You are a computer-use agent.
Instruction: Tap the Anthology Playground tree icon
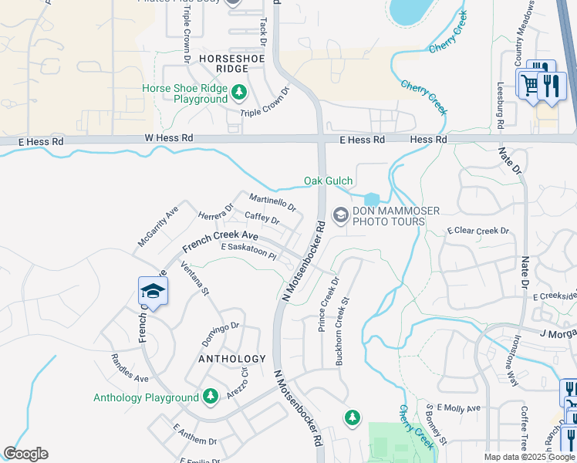click(x=210, y=397)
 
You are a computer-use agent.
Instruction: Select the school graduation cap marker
click(x=152, y=292)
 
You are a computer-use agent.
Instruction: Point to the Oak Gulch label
click(x=328, y=181)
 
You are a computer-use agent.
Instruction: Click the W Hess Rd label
click(x=166, y=137)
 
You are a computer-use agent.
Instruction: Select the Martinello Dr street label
click(x=272, y=203)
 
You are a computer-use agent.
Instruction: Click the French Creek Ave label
click(x=220, y=241)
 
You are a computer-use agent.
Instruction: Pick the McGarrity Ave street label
click(x=158, y=226)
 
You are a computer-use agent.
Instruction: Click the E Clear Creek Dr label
click(x=478, y=231)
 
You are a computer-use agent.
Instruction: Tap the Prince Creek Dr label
click(x=329, y=305)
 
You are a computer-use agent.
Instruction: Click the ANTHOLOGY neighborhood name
click(x=231, y=359)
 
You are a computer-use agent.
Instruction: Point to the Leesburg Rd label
click(x=500, y=105)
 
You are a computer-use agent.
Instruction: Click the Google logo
click(x=25, y=454)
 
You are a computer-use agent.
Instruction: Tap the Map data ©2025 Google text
click(x=528, y=457)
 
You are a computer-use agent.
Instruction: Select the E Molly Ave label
click(x=458, y=407)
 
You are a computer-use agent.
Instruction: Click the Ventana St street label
click(x=194, y=279)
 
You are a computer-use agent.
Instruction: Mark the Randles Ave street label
click(x=130, y=369)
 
